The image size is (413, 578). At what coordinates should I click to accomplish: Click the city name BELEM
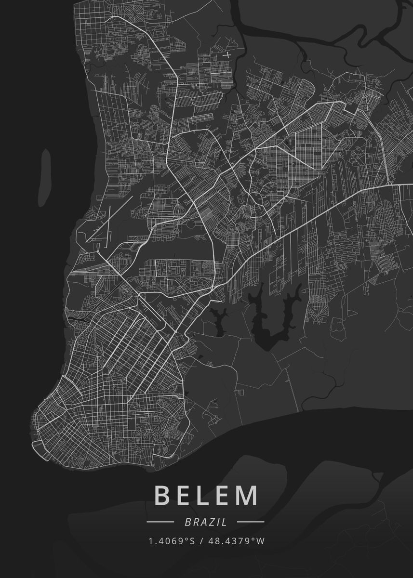206,496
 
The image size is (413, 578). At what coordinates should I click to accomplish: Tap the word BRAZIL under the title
205,522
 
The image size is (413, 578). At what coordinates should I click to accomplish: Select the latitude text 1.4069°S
172,541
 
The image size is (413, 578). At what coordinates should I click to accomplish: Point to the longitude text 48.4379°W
237,541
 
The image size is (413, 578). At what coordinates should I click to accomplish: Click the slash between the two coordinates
201,541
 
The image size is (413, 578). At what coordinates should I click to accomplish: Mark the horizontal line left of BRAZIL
160,522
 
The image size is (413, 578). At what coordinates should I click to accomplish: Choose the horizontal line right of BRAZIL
251,522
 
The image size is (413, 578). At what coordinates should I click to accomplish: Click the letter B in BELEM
162,496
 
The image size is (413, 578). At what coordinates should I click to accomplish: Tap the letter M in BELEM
247,496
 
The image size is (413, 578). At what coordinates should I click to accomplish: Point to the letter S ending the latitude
192,541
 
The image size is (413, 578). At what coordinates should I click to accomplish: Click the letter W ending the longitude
261,541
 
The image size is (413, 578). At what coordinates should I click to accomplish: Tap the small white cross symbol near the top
227,55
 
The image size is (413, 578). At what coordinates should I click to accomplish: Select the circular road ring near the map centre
191,224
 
